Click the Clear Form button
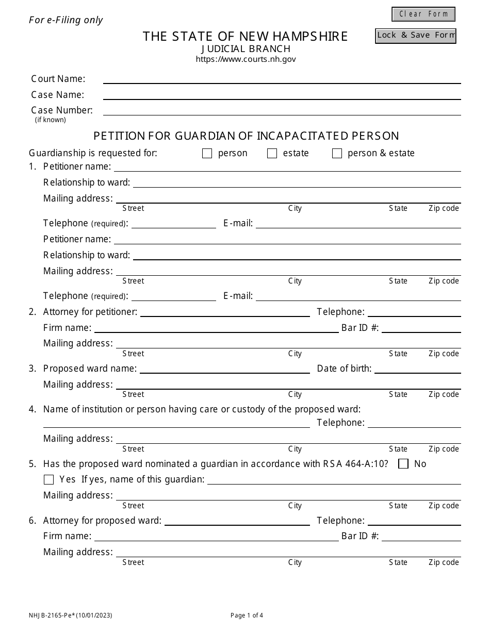[x=423, y=14]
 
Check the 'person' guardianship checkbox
[x=207, y=154]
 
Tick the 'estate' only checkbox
[x=272, y=154]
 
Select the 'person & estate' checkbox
[x=337, y=154]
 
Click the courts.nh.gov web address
[x=246, y=59]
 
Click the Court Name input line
[x=282, y=79]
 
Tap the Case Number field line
[x=282, y=110]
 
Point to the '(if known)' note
[x=51, y=120]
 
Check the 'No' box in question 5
[x=404, y=464]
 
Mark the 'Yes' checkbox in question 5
[x=49, y=480]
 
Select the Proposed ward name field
[x=224, y=368]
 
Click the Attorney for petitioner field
[x=225, y=311]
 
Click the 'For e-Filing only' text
[x=66, y=20]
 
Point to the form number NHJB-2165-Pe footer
[x=70, y=615]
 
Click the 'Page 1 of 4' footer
[x=247, y=615]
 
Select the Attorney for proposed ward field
[x=237, y=520]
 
